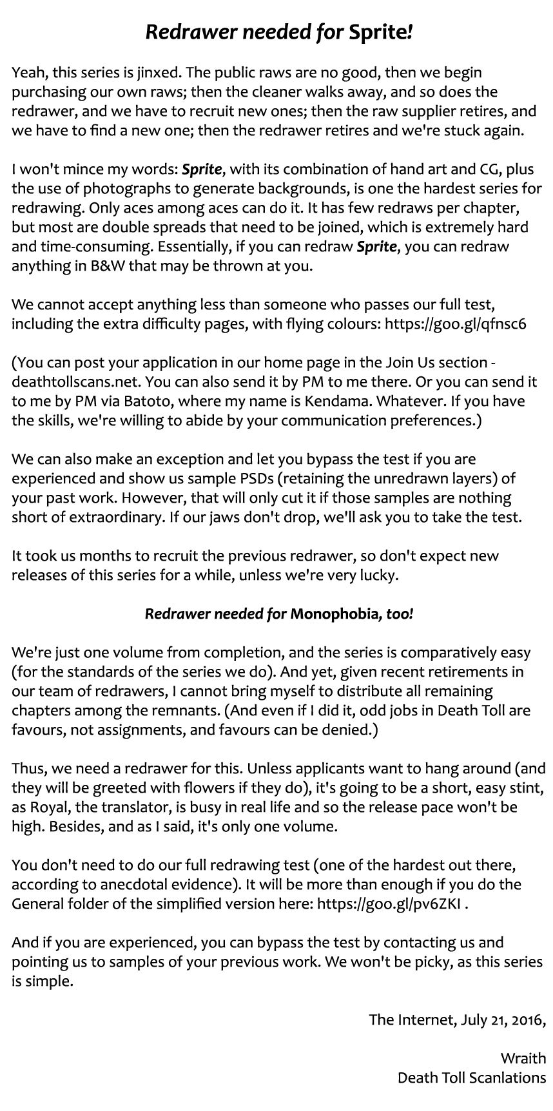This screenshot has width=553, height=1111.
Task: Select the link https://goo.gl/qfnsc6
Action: click(x=455, y=324)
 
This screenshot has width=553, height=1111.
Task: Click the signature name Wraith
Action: click(x=523, y=1058)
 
